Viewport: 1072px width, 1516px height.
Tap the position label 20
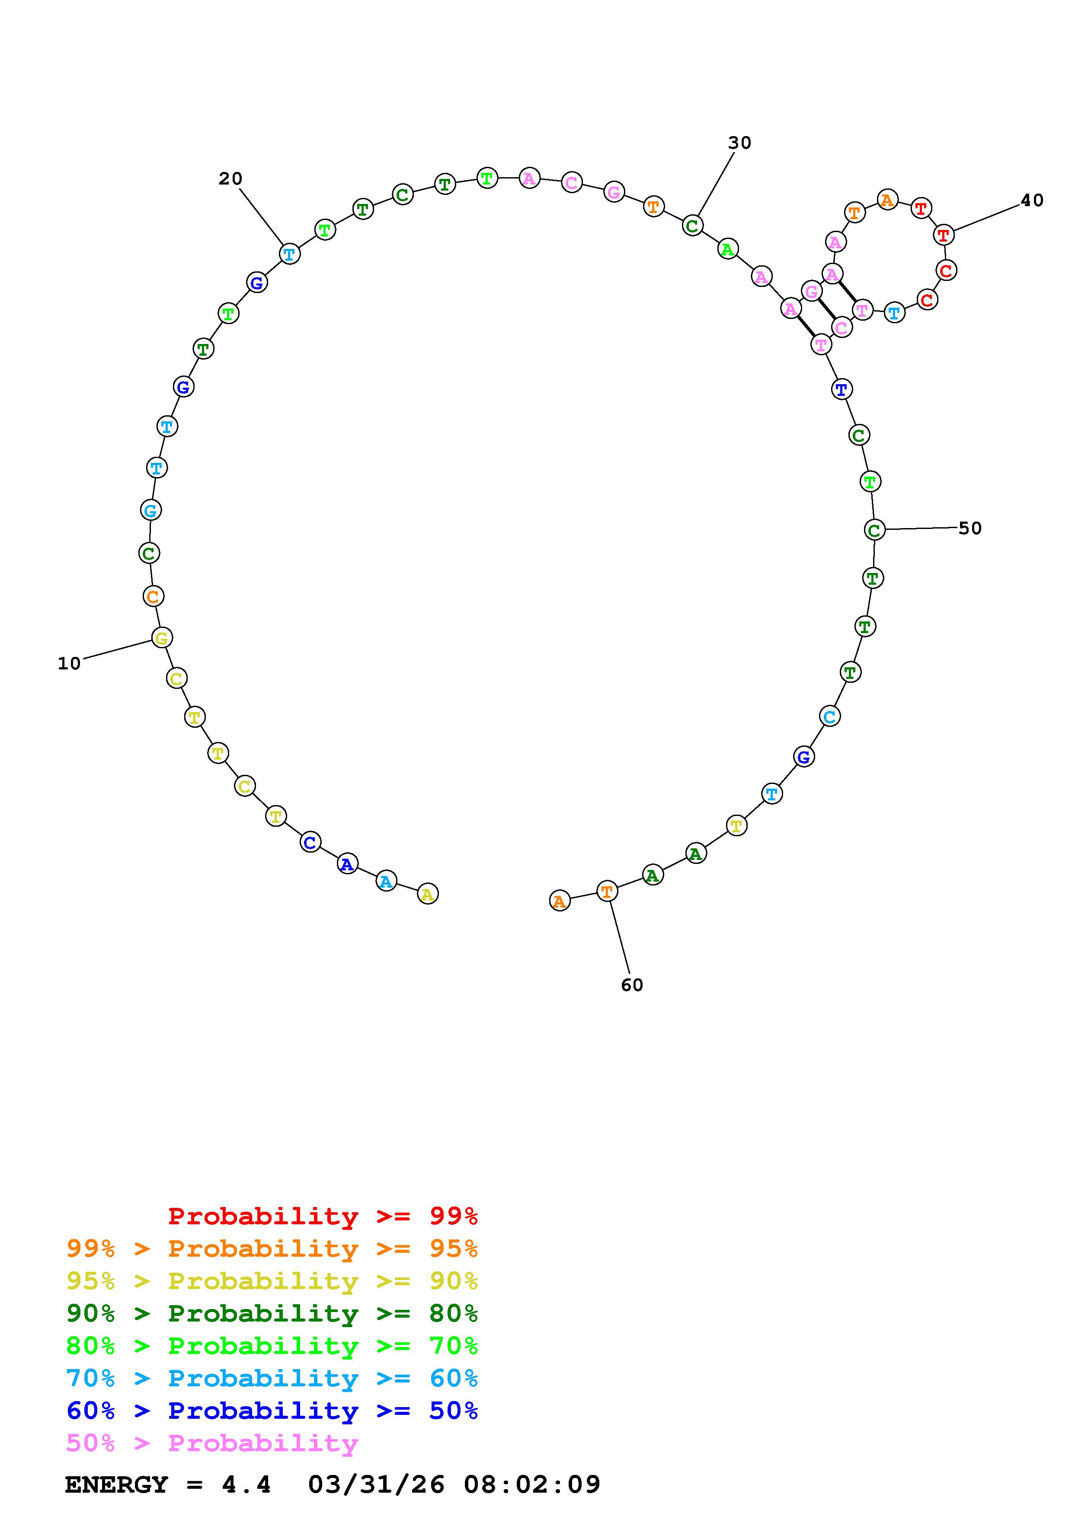click(x=230, y=178)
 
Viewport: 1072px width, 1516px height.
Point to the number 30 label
click(x=740, y=143)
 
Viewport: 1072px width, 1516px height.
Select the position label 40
click(x=1032, y=200)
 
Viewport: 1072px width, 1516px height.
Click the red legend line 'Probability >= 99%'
click(x=323, y=1216)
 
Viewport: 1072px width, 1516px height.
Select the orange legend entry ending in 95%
click(x=272, y=1248)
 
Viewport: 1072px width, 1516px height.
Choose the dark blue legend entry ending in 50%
click(x=272, y=1411)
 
